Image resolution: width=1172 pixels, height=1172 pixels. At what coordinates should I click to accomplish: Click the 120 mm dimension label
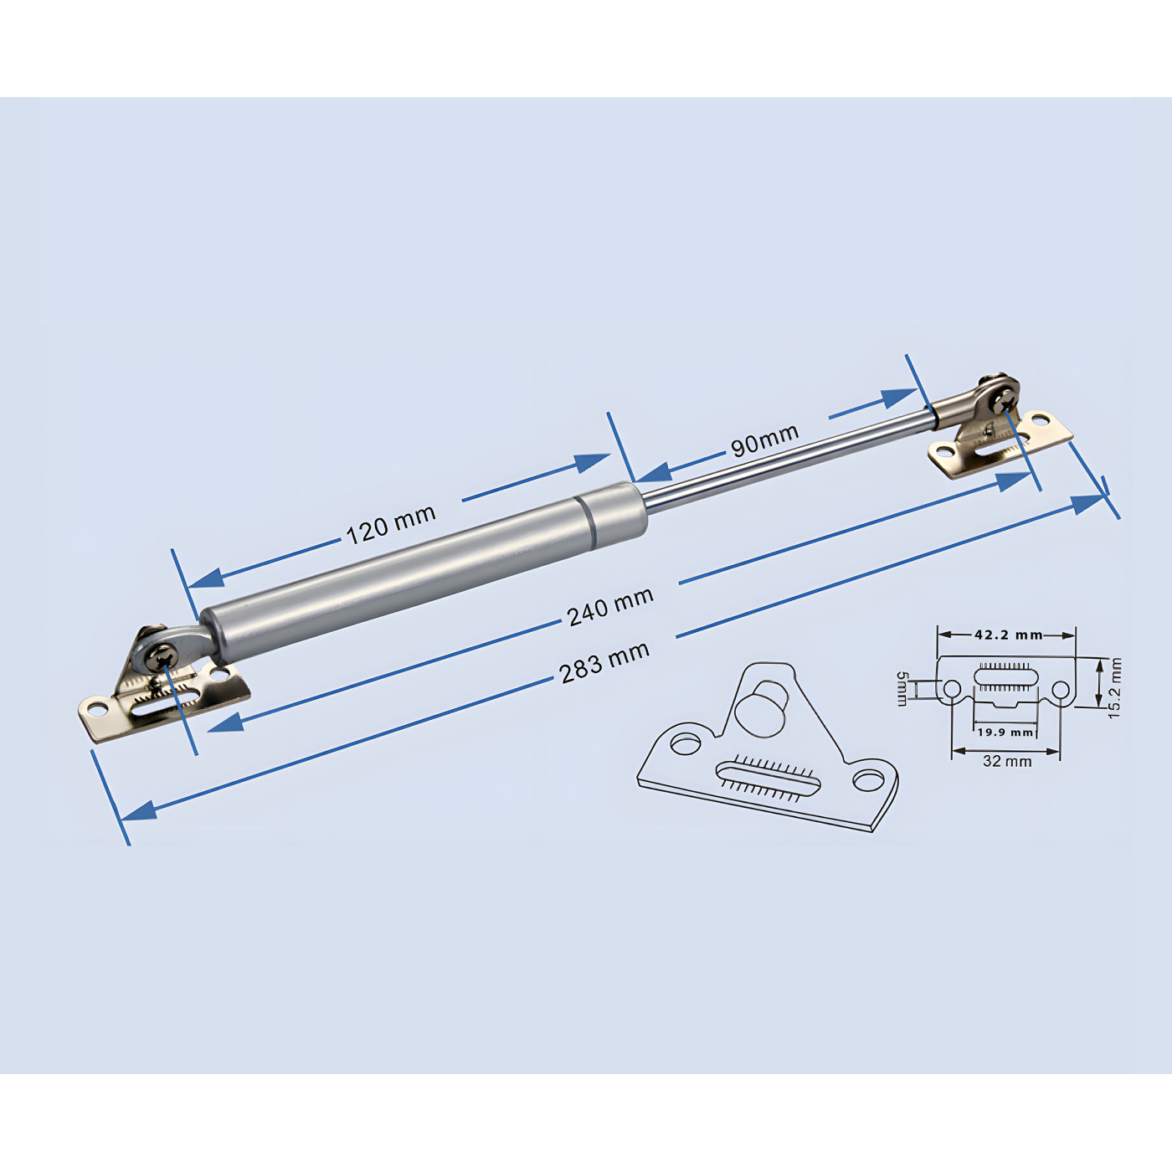tap(391, 524)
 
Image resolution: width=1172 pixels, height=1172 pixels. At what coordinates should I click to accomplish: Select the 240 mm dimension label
tap(609, 606)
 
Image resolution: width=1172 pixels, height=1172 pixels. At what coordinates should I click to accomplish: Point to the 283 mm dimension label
tap(604, 662)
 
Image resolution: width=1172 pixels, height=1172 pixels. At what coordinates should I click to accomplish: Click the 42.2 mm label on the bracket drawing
tap(1007, 635)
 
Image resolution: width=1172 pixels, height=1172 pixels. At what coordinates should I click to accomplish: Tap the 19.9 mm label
tap(1005, 732)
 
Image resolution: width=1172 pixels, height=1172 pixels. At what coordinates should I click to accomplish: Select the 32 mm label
tap(1007, 761)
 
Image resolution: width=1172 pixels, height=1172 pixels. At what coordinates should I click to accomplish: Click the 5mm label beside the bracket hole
tap(902, 688)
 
